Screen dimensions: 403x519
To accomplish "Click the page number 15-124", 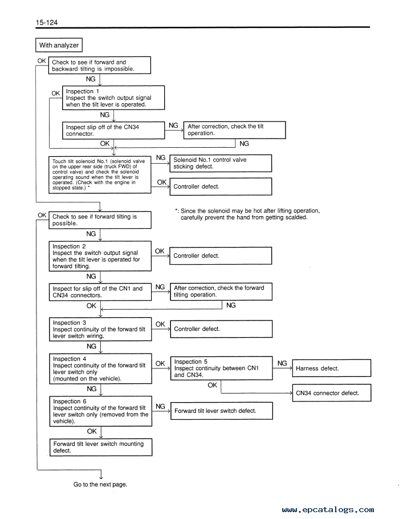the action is click(x=47, y=22).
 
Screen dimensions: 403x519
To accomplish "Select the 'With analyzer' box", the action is click(x=59, y=45).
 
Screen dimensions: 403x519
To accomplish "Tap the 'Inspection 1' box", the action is click(x=113, y=98).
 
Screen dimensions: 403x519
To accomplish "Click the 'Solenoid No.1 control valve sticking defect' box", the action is click(x=221, y=163).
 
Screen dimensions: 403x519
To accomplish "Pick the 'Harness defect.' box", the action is click(x=332, y=368).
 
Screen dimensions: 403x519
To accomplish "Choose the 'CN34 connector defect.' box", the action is click(x=332, y=393).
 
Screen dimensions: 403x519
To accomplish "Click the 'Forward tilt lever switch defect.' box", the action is click(x=222, y=411).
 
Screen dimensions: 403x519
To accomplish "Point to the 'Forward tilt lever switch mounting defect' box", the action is click(x=101, y=447).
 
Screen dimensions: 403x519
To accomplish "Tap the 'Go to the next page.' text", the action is click(x=100, y=484).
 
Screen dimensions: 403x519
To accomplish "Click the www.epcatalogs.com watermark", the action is click(x=328, y=510).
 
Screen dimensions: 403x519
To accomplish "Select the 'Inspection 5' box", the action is click(x=221, y=368).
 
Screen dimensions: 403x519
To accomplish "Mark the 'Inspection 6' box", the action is click(x=100, y=411).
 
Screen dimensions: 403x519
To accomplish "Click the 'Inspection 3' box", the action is click(x=100, y=329).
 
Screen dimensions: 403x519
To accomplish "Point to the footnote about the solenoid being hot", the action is click(x=247, y=214).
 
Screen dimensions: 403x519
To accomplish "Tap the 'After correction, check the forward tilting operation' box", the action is click(x=221, y=291).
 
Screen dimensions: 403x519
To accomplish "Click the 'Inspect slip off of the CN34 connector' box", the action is click(x=113, y=130).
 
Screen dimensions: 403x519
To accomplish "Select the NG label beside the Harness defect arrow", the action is click(x=282, y=363).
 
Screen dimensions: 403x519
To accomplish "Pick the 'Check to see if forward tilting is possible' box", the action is click(x=100, y=220).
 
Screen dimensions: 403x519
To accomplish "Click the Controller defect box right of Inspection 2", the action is click(x=221, y=256).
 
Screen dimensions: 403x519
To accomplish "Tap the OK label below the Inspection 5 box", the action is click(x=213, y=385).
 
